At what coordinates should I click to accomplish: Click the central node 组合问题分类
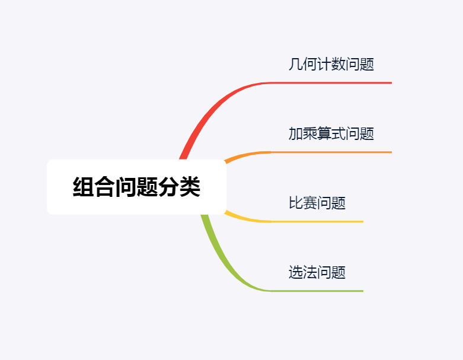[x=136, y=187]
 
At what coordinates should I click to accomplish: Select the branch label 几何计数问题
[x=331, y=64]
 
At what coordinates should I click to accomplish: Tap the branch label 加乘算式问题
[x=331, y=133]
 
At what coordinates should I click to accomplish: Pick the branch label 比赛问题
[x=317, y=203]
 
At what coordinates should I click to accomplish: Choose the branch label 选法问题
[x=317, y=272]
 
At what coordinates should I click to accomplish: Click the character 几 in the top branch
[x=295, y=64]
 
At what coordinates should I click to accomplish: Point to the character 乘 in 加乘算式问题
[x=309, y=133]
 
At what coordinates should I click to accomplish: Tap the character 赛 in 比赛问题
[x=309, y=203]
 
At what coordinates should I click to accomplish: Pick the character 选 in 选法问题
[x=295, y=272]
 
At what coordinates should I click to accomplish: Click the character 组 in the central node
[x=83, y=187]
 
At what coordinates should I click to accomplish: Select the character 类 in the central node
[x=190, y=187]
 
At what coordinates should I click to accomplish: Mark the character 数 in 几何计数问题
[x=338, y=64]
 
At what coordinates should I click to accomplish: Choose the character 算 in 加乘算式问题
[x=324, y=133]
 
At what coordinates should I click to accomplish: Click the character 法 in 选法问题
[x=309, y=272]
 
